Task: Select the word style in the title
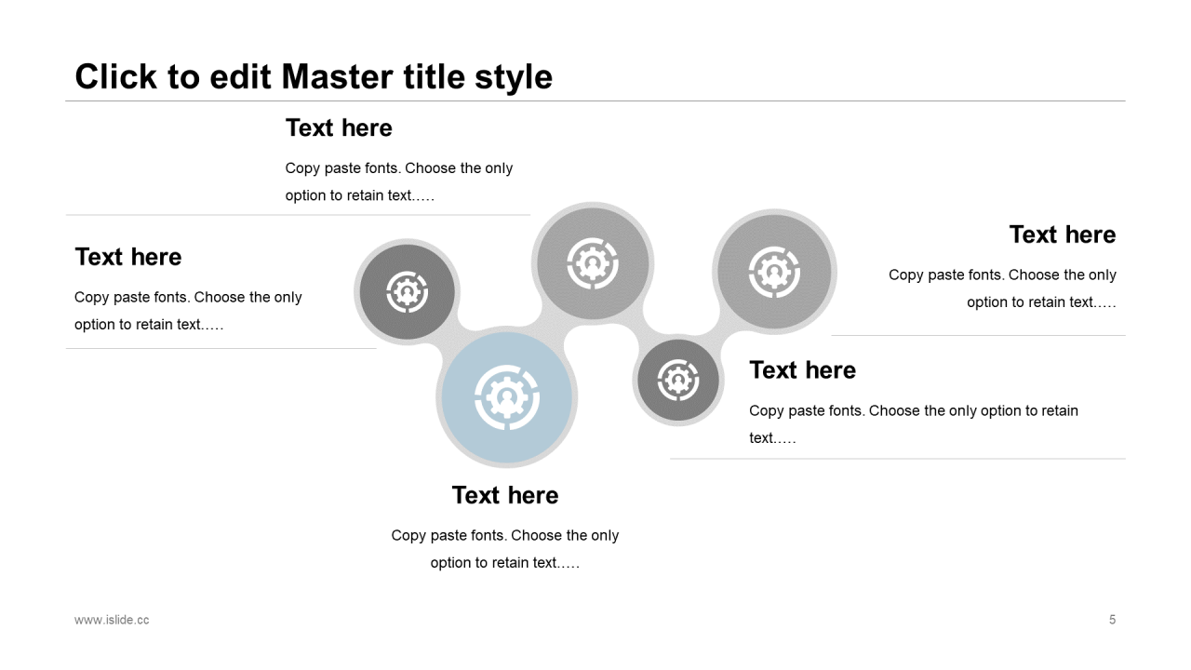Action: pyautogui.click(x=514, y=76)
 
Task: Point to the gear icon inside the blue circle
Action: pyautogui.click(x=506, y=398)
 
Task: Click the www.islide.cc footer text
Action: pyautogui.click(x=112, y=620)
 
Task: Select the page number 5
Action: pyautogui.click(x=1112, y=620)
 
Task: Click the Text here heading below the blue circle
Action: pyautogui.click(x=505, y=495)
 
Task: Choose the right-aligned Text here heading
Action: pyautogui.click(x=1062, y=234)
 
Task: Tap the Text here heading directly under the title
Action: pyautogui.click(x=339, y=127)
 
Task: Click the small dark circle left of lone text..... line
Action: pyautogui.click(x=677, y=381)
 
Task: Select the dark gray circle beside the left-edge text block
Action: pyautogui.click(x=407, y=291)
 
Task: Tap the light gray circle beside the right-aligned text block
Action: pyautogui.click(x=774, y=271)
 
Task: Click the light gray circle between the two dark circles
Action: pyautogui.click(x=592, y=263)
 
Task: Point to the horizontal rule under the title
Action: pyautogui.click(x=595, y=100)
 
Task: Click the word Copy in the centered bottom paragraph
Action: pyautogui.click(x=408, y=535)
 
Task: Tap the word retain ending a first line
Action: pyautogui.click(x=1056, y=410)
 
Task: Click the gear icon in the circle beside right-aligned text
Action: pyautogui.click(x=774, y=271)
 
